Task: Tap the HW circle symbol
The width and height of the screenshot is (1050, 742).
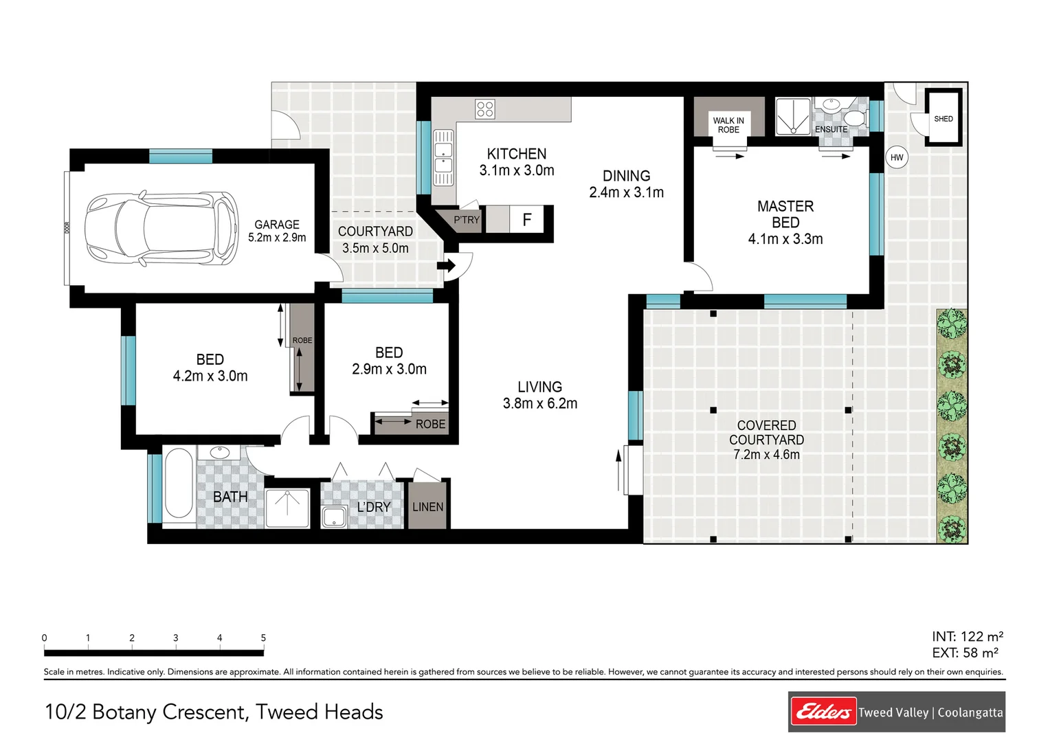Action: (896, 157)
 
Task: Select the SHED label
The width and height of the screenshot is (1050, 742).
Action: (943, 119)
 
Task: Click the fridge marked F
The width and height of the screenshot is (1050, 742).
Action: (526, 219)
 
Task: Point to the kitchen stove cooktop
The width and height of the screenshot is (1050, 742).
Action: (484, 109)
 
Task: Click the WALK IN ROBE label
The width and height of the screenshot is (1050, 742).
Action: (728, 125)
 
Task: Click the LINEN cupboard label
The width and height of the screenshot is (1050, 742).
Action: (427, 507)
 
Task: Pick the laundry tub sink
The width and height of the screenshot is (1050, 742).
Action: (334, 517)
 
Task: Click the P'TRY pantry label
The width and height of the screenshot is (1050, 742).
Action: (467, 220)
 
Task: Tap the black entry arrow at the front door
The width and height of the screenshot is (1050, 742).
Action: (446, 266)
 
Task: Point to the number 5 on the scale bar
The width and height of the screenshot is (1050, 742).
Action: (263, 638)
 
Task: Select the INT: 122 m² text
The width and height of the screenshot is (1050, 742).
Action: (968, 636)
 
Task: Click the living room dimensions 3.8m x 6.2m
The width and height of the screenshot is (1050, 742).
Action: (540, 403)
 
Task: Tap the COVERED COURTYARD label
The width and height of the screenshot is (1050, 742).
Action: (766, 433)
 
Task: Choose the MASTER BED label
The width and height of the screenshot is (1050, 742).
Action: (785, 214)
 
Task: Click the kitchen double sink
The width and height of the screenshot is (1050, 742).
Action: (443, 157)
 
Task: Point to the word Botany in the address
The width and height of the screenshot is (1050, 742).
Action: (124, 712)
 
